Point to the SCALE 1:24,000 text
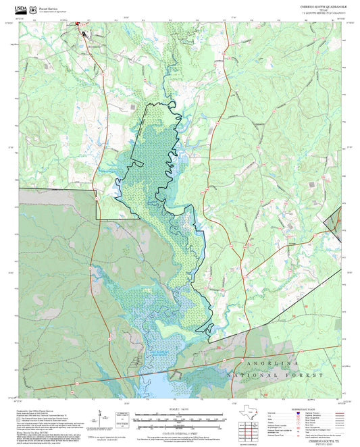pos(179,408)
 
